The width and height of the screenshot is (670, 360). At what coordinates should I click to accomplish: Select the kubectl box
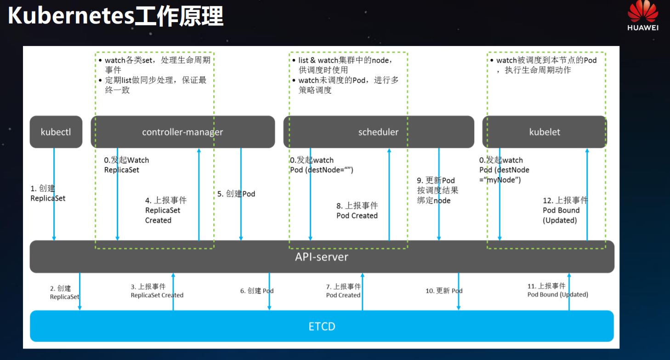point(56,132)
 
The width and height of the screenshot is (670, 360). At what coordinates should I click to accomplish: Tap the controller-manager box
point(182,132)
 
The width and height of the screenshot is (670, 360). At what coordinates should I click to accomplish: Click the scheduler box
point(378,132)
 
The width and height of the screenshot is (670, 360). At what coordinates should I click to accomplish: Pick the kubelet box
point(545,132)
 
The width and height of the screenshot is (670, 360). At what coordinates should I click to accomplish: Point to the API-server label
point(322,257)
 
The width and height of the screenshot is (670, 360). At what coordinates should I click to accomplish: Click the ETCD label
point(322,326)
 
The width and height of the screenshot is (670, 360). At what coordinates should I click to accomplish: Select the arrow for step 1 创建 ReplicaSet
point(54,193)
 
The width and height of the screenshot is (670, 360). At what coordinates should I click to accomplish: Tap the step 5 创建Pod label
point(236,194)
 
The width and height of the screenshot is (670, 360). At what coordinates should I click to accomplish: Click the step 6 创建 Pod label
point(257,291)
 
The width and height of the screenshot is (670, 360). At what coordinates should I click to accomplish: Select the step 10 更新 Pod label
point(444,291)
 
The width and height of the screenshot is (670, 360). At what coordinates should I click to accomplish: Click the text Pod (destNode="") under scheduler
point(321,170)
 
